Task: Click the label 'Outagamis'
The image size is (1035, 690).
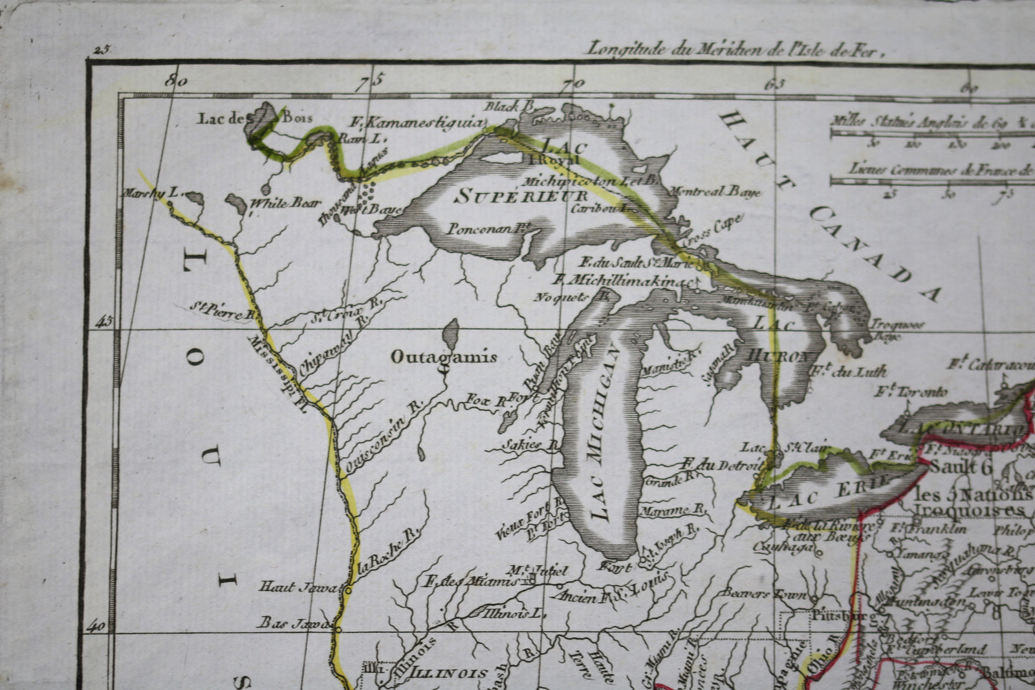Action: coord(443,357)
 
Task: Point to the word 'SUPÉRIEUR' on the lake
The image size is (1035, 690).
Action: coord(521,196)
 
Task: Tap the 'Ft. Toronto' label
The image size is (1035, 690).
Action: coord(911,392)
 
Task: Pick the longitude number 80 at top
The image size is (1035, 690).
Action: coord(176,82)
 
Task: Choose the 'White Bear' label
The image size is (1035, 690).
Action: coord(285,203)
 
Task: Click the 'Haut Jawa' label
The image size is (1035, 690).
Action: coord(299,586)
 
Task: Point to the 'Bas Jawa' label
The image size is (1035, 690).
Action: coord(295,623)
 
